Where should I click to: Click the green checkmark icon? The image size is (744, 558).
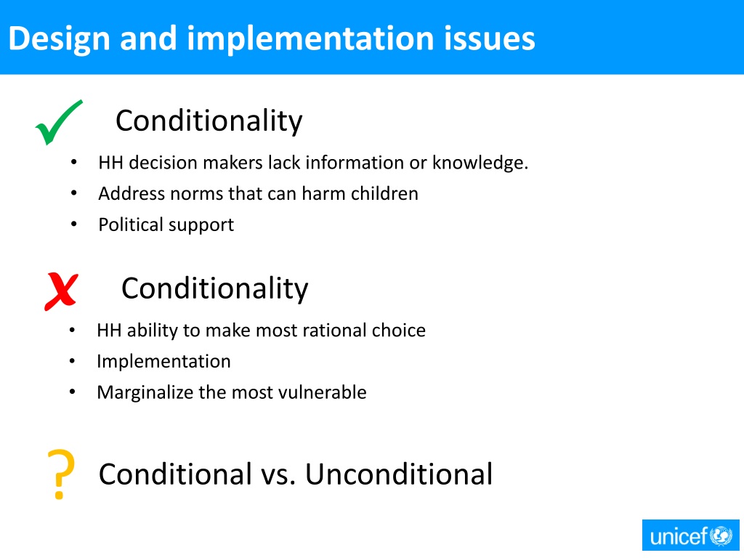click(58, 122)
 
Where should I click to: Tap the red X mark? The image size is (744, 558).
click(61, 291)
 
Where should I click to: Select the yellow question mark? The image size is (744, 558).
click(61, 474)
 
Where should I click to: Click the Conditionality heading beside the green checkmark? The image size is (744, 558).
click(209, 121)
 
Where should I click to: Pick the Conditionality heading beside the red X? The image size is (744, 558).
click(214, 288)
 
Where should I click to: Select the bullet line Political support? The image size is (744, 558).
click(166, 225)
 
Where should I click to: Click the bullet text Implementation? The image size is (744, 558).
click(163, 361)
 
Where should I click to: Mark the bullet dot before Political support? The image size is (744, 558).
click(74, 225)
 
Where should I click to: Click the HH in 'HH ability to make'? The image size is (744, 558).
click(109, 331)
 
